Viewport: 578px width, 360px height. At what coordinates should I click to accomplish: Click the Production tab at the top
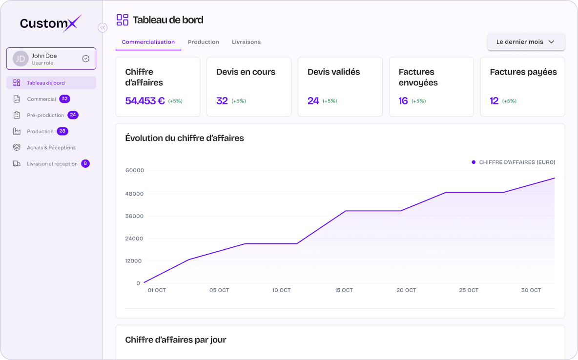pos(204,42)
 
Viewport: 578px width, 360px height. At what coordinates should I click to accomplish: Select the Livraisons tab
pos(246,42)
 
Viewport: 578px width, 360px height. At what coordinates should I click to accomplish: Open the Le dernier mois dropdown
pos(526,42)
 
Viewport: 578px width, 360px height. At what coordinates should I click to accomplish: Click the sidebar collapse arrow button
pos(103,28)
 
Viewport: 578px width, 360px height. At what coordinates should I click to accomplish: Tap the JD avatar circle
pos(21,59)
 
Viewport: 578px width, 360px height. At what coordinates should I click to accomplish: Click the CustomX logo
pos(50,23)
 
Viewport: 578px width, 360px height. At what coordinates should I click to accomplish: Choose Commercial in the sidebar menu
pos(41,99)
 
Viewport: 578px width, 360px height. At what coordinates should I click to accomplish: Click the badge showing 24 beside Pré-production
pos(73,115)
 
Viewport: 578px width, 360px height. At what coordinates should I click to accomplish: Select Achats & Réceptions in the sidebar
pos(51,148)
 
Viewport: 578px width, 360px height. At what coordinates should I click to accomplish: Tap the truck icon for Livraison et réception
pos(17,163)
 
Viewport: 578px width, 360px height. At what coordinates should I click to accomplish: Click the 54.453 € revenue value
pos(145,101)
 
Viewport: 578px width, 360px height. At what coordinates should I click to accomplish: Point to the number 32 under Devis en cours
pos(222,101)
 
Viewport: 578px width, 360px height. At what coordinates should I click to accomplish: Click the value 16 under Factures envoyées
pos(403,101)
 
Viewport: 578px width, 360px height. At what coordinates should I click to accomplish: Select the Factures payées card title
pos(523,72)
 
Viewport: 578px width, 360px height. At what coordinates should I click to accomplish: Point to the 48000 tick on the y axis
pos(135,194)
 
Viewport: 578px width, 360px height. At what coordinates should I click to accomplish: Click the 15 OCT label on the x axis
pos(344,290)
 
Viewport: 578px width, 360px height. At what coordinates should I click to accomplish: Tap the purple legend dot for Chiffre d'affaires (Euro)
pos(474,162)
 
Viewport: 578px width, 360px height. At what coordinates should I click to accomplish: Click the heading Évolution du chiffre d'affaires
pos(185,138)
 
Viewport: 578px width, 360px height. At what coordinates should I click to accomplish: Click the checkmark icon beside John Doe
pos(85,59)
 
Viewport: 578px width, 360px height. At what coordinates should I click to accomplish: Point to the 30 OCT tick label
pos(531,290)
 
